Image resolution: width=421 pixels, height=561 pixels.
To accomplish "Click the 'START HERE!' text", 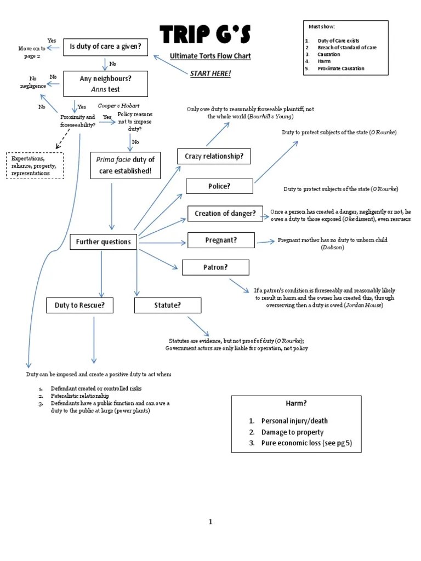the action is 210,74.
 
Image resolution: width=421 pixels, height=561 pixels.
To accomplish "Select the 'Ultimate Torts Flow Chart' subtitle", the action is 210,56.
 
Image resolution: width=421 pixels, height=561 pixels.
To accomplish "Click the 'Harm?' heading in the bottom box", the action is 296,403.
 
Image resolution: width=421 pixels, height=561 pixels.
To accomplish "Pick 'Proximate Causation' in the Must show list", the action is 341,68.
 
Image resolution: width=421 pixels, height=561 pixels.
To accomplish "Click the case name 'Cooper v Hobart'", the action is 118,106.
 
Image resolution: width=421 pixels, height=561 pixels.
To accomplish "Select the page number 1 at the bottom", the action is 210,522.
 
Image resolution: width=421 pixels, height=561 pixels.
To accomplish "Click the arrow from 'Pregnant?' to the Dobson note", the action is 266,242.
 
